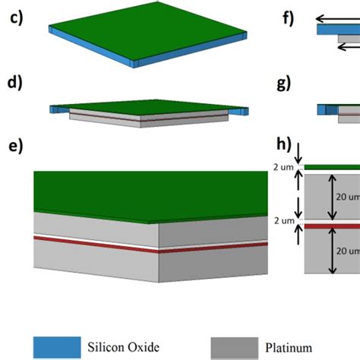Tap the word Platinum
pyautogui.click(x=289, y=347)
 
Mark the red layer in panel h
pyautogui.click(x=334, y=226)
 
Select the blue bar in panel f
pyautogui.click(x=334, y=33)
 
